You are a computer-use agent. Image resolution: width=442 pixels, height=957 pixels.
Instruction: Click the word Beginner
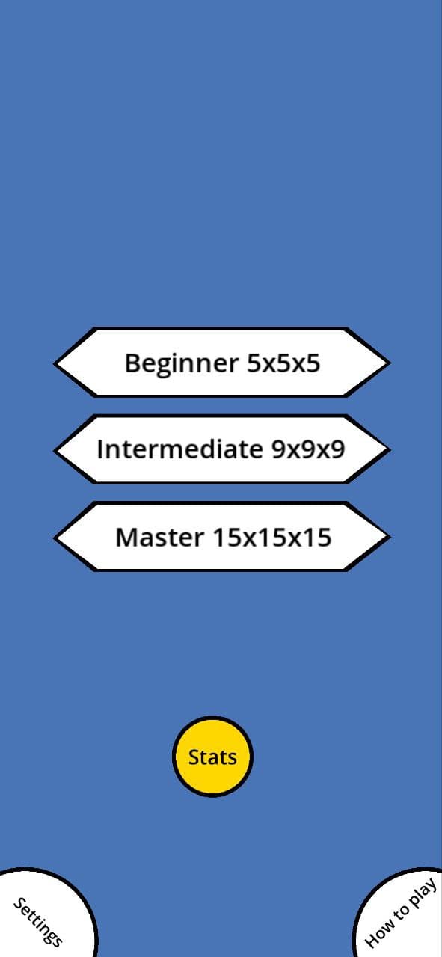181,363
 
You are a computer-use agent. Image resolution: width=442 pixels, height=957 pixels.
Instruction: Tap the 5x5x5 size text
284,363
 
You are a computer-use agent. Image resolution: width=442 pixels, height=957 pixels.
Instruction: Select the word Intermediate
179,449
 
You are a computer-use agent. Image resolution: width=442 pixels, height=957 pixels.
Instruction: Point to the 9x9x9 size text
308,449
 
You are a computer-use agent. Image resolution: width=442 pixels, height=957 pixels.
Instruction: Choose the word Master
159,537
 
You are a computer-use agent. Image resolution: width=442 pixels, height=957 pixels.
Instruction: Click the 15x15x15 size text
272,537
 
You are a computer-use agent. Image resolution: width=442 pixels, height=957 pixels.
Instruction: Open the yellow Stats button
212,757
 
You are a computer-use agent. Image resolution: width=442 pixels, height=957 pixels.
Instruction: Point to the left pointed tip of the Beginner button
55,363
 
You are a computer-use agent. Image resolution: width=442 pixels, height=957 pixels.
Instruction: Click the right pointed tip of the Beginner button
390,363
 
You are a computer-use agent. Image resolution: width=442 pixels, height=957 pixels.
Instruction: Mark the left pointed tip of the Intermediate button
55,450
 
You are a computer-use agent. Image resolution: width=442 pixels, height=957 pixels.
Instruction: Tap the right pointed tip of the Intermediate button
390,450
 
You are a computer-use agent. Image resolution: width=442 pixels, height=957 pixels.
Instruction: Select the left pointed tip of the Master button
55,538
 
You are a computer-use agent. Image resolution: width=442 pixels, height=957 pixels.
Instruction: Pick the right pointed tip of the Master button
390,538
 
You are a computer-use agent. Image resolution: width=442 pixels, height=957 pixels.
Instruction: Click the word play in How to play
423,892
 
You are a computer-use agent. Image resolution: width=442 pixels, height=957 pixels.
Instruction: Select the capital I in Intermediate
99,449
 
